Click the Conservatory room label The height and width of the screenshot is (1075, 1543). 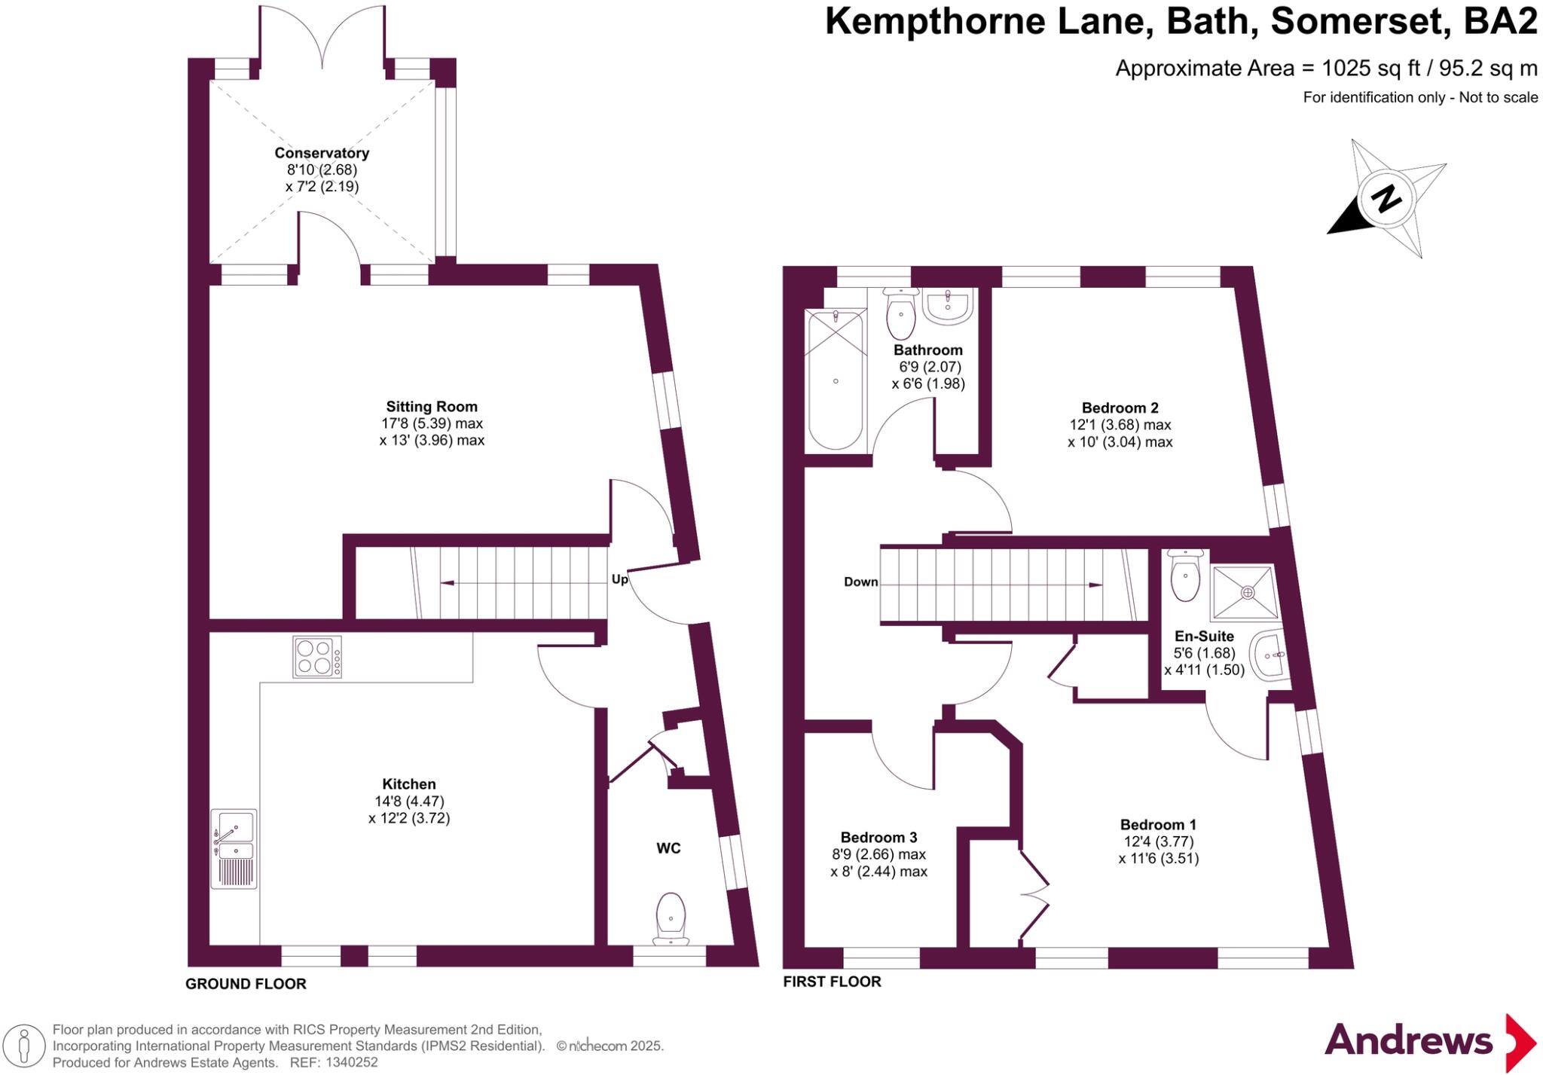(x=322, y=153)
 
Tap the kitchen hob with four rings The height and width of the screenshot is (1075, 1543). (x=316, y=657)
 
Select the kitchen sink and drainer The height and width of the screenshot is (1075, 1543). (x=234, y=848)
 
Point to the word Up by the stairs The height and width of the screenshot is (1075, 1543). (x=619, y=579)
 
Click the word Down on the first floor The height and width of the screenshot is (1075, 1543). (x=860, y=582)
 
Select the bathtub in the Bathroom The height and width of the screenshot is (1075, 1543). (x=835, y=380)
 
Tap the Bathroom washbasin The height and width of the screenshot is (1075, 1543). (x=948, y=307)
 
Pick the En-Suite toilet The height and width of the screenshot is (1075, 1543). (x=1186, y=578)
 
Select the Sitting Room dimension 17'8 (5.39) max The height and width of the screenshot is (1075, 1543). (x=432, y=423)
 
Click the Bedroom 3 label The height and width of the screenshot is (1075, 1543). (x=878, y=837)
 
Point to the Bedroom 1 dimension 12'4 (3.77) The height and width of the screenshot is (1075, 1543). (x=1158, y=841)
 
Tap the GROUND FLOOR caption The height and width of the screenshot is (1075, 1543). (x=246, y=984)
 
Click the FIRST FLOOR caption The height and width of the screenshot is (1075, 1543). (x=832, y=982)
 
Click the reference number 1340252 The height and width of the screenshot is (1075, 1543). (x=352, y=1063)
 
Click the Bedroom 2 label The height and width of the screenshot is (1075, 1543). (x=1120, y=408)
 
